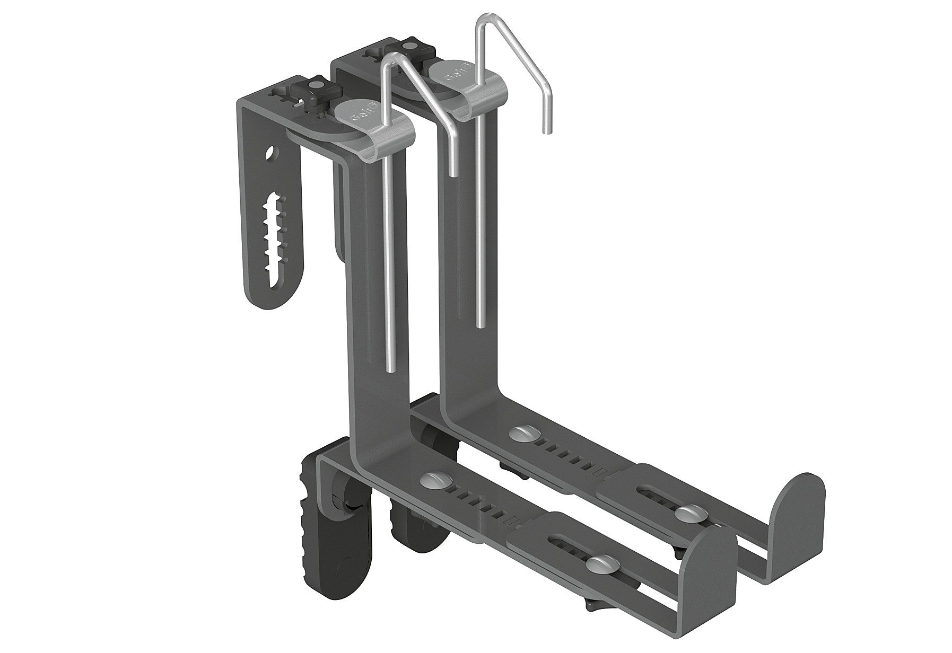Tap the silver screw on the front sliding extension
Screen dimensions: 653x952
click(x=598, y=561)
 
